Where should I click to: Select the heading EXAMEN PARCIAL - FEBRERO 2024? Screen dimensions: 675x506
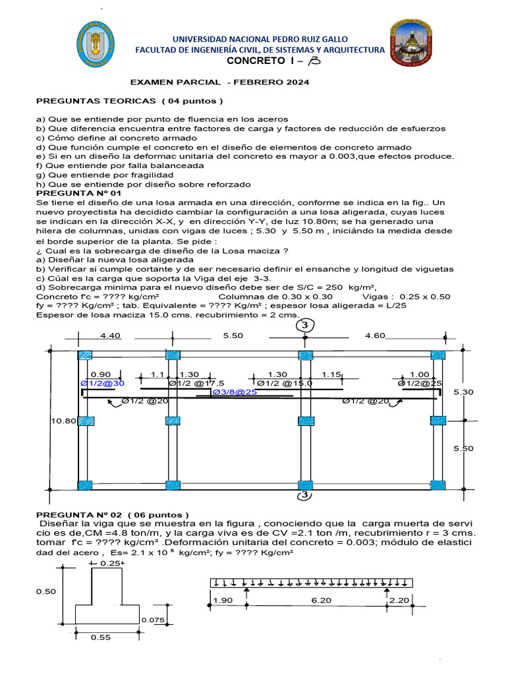[219, 82]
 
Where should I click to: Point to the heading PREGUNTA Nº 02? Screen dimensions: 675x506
[112, 515]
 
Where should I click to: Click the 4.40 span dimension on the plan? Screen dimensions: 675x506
[111, 336]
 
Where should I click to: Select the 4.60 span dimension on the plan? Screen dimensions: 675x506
[375, 336]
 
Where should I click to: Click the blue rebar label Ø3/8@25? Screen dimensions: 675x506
[233, 392]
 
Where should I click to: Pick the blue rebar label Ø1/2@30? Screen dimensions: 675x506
[102, 382]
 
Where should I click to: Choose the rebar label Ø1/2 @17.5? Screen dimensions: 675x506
[196, 382]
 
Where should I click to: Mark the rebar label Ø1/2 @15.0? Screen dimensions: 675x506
[285, 382]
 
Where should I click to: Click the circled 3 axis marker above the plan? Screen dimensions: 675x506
[304, 326]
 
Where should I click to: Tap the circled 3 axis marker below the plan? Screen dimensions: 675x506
[304, 496]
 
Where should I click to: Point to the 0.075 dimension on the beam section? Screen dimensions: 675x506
[154, 621]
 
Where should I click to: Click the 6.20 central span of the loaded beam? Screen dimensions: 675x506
[317, 600]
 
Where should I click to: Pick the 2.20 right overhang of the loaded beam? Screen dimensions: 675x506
[400, 600]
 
